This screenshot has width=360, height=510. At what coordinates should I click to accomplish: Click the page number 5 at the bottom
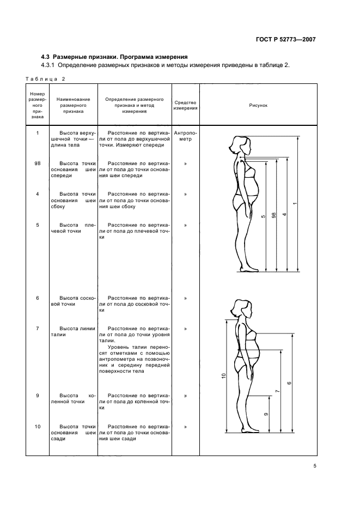(x=315, y=465)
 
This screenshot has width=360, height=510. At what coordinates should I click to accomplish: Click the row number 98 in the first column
(x=37, y=163)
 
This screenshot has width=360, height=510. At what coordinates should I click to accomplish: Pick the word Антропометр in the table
(x=185, y=136)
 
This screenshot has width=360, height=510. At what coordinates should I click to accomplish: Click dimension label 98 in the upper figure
(x=274, y=215)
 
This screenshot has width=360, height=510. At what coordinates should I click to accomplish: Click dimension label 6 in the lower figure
(x=289, y=382)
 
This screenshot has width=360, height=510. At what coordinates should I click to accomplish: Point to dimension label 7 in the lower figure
(x=278, y=391)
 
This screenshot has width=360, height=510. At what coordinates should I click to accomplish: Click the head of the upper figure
(x=240, y=144)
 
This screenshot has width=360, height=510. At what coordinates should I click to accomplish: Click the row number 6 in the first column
(x=37, y=298)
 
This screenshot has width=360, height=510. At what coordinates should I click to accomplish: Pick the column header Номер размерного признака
(x=37, y=105)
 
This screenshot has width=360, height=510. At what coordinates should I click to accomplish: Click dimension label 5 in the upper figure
(x=263, y=217)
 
